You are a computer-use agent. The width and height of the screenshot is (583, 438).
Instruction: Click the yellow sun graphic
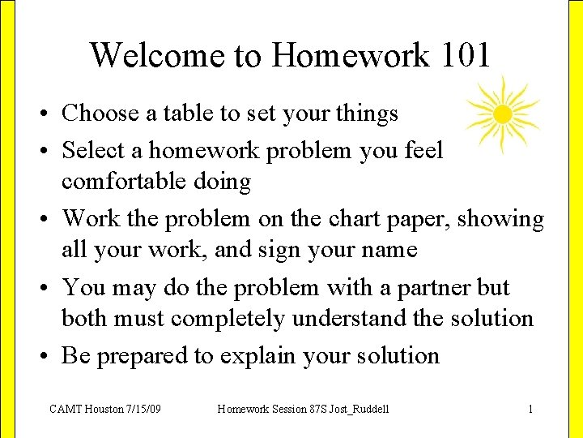point(502,114)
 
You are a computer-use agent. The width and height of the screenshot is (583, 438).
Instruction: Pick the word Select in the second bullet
point(92,150)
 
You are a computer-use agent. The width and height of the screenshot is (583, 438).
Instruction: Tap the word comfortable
point(124,181)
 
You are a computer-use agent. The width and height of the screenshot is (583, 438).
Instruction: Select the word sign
point(289,251)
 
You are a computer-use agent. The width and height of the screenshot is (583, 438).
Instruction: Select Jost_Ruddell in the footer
point(353,409)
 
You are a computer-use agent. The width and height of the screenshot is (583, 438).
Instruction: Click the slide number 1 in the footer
point(530,409)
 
